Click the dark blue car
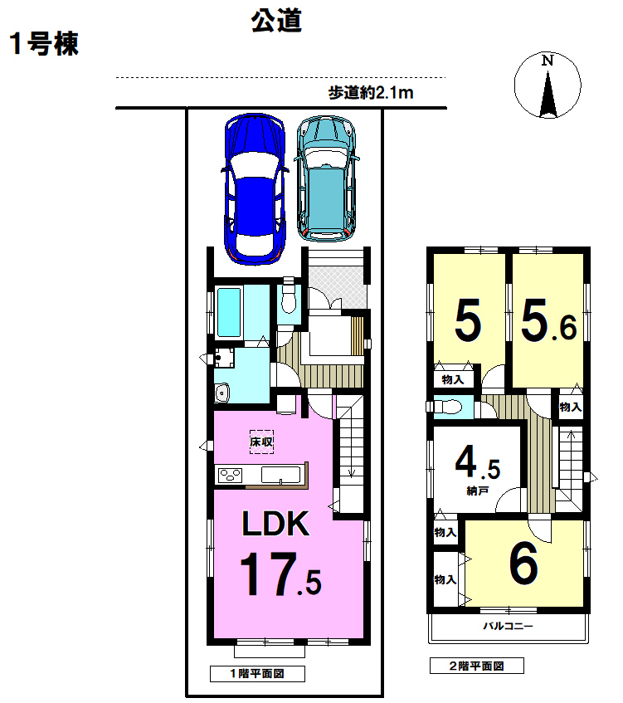click(x=254, y=188)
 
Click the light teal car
click(x=327, y=179)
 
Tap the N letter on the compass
click(x=548, y=61)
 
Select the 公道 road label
click(x=276, y=21)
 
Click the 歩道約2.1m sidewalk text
click(x=371, y=93)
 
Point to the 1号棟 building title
click(x=44, y=44)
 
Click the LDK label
click(x=275, y=524)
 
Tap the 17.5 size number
click(x=280, y=574)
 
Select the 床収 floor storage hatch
click(x=261, y=442)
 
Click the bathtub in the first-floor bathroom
click(x=229, y=312)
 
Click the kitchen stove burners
click(x=230, y=476)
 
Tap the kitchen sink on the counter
click(x=280, y=476)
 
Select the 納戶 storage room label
click(x=477, y=491)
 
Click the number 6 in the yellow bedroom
click(x=523, y=563)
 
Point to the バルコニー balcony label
click(x=508, y=626)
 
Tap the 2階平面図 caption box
click(x=477, y=666)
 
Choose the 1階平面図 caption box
click(x=257, y=673)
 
